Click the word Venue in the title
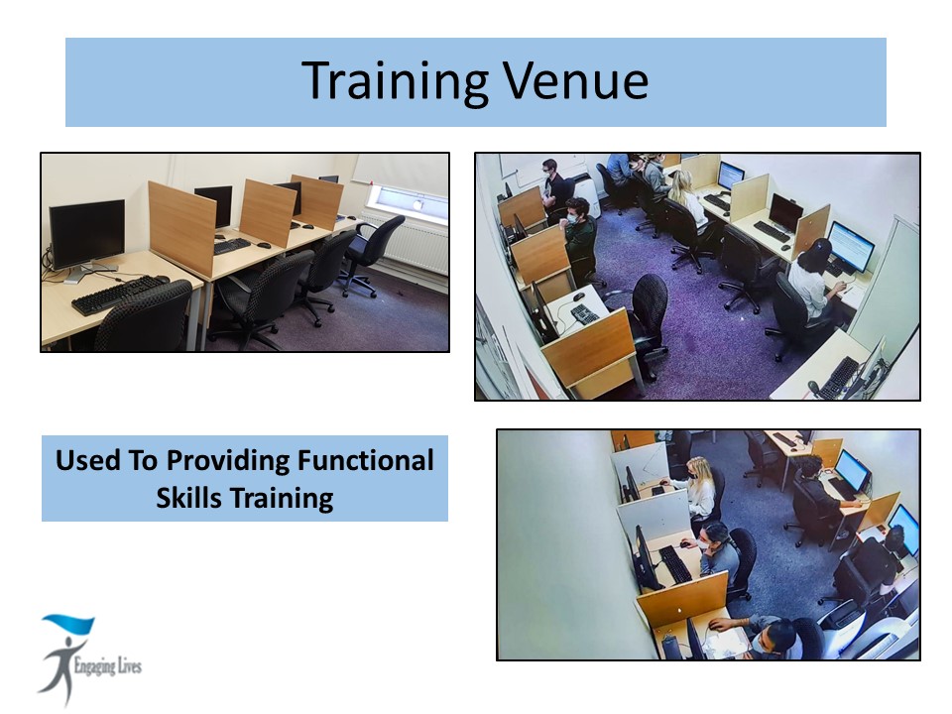tap(575, 80)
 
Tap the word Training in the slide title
tap(396, 80)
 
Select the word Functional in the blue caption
tap(365, 460)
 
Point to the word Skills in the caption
tap(188, 498)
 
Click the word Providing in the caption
tap(228, 461)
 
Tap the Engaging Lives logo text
tap(107, 666)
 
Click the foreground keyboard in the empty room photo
tap(119, 294)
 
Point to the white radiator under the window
tap(407, 241)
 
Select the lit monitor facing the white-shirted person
tap(851, 246)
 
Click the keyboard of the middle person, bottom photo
tap(676, 563)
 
